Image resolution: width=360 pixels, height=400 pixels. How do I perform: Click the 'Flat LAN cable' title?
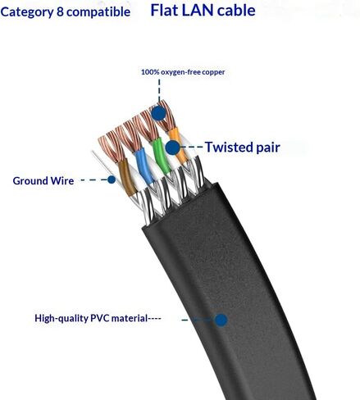pyautogui.click(x=203, y=11)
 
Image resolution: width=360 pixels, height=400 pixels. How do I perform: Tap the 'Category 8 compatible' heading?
pyautogui.click(x=66, y=11)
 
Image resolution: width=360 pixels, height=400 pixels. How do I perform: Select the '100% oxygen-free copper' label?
pyautogui.click(x=183, y=72)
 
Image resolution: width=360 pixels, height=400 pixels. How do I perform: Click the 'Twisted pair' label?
pyautogui.click(x=243, y=147)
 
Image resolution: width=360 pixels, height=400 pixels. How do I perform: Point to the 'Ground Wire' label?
pyautogui.click(x=43, y=180)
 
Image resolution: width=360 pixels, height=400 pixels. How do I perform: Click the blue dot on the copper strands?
pyautogui.click(x=158, y=112)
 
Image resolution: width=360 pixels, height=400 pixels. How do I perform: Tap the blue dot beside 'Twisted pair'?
pyautogui.click(x=173, y=148)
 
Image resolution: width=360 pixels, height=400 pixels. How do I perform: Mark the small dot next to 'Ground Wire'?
pyautogui.click(x=112, y=180)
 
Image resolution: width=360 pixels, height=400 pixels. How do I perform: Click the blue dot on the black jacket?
pyautogui.click(x=221, y=320)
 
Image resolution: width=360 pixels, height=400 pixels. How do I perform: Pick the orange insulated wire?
pyautogui.click(x=178, y=145)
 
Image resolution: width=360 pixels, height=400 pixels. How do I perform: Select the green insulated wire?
pyautogui.click(x=162, y=156)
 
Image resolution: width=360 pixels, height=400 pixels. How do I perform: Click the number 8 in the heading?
pyautogui.click(x=60, y=11)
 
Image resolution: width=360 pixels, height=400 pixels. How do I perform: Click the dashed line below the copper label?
pyautogui.click(x=159, y=91)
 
